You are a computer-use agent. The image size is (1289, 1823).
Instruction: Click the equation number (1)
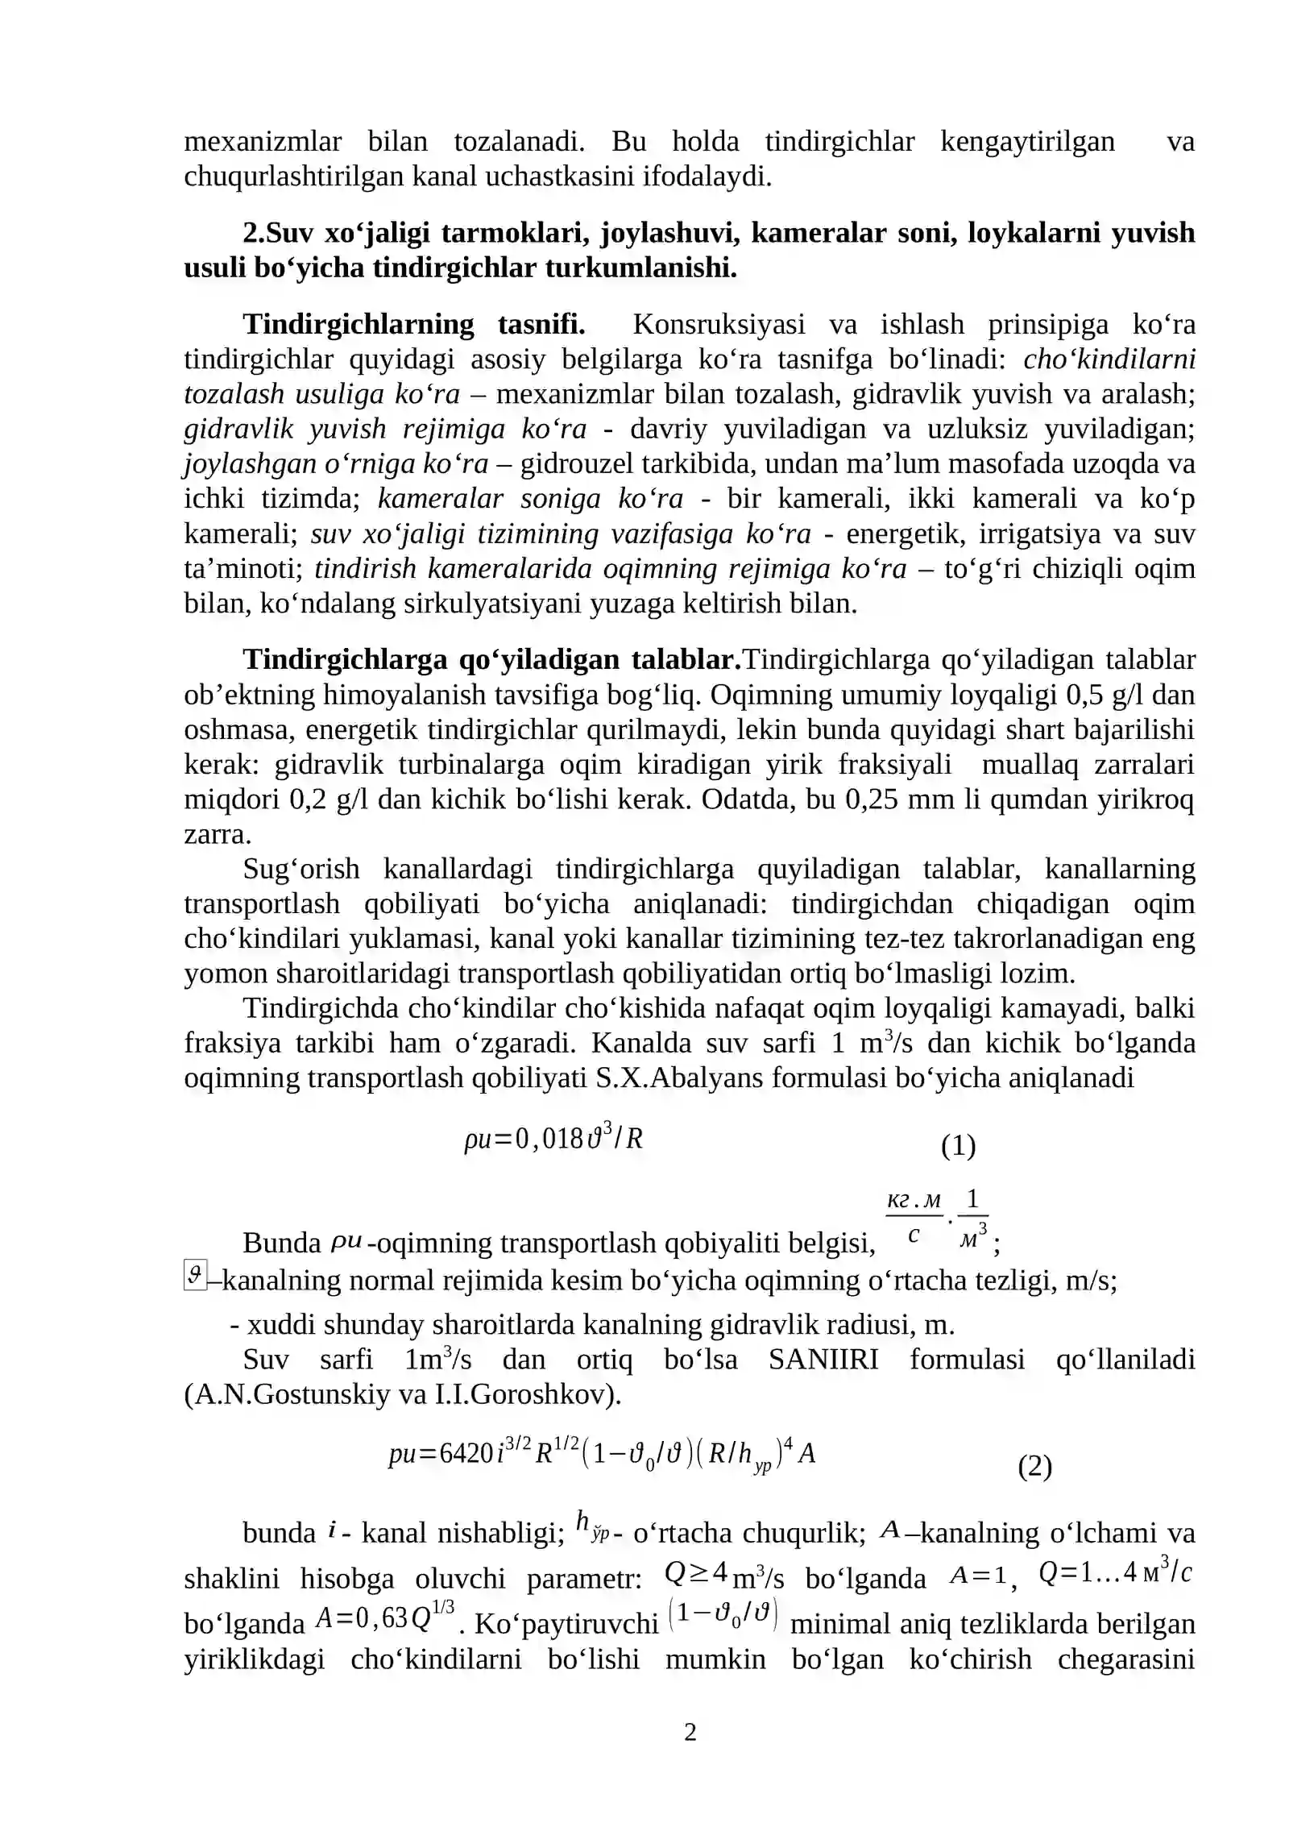(958, 1145)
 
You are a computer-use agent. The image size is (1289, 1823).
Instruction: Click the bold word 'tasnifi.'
(541, 324)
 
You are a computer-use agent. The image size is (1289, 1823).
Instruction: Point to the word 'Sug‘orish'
(301, 869)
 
